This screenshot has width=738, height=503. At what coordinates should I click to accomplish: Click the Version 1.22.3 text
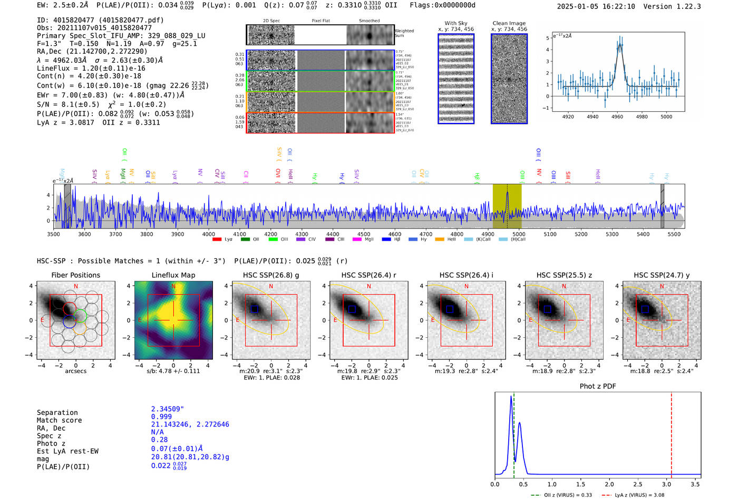pyautogui.click(x=677, y=6)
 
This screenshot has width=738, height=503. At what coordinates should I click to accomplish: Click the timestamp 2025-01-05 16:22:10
pyautogui.click(x=596, y=6)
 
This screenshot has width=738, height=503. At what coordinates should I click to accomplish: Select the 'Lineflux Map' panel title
pyautogui.click(x=173, y=275)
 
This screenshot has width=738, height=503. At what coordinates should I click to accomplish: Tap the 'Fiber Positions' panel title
pyautogui.click(x=75, y=275)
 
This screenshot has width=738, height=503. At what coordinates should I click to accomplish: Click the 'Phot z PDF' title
pyautogui.click(x=597, y=386)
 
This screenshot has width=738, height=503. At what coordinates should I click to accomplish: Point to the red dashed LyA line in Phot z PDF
pyautogui.click(x=671, y=433)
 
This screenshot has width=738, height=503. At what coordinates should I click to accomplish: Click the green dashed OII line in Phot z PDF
pyautogui.click(x=513, y=433)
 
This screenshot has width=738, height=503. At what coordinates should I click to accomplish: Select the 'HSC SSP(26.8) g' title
pyautogui.click(x=270, y=275)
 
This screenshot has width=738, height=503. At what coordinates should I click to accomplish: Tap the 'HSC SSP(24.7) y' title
pyautogui.click(x=661, y=275)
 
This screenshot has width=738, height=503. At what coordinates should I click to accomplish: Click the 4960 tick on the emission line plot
pyautogui.click(x=617, y=117)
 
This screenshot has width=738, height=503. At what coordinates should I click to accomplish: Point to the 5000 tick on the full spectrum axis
pyautogui.click(x=519, y=234)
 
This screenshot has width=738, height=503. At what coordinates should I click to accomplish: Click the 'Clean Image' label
pyautogui.click(x=509, y=23)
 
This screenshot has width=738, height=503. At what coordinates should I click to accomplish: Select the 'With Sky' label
pyautogui.click(x=455, y=23)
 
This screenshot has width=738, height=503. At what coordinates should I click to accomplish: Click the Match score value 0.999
pyautogui.click(x=161, y=417)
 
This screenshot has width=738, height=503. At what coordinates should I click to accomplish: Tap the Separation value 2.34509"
pyautogui.click(x=168, y=409)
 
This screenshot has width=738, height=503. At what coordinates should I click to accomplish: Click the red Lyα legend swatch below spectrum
pyautogui.click(x=217, y=240)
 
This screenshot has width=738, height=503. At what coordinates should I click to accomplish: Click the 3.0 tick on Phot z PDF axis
pyautogui.click(x=666, y=484)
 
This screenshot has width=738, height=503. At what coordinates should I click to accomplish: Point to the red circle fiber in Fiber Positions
pyautogui.click(x=69, y=308)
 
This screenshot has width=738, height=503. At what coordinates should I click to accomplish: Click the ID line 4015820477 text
pyautogui.click(x=100, y=20)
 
